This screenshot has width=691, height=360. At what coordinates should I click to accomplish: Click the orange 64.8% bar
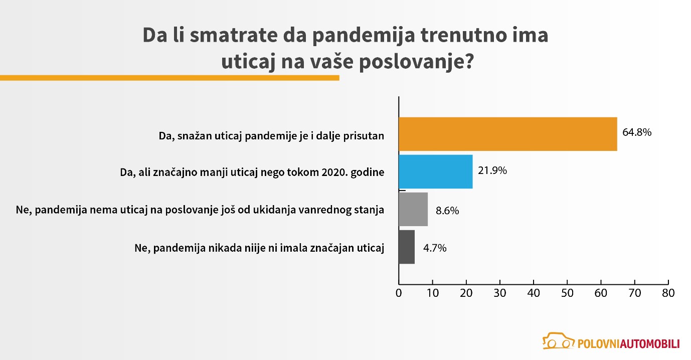(507, 134)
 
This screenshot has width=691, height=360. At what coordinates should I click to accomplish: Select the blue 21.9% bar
(435, 171)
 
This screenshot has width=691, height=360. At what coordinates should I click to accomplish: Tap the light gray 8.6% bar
(413, 209)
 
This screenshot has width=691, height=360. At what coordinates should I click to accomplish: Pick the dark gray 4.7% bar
(407, 247)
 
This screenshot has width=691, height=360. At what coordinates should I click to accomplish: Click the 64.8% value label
(636, 133)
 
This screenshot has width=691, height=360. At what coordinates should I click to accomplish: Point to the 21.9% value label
(492, 171)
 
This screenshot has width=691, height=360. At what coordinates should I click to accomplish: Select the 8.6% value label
(447, 211)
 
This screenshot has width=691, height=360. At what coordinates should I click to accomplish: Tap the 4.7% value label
(434, 248)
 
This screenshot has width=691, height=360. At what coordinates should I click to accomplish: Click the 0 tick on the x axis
(399, 293)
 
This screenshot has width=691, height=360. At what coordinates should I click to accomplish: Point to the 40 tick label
(534, 293)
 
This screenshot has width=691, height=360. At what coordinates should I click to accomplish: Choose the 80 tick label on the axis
(668, 293)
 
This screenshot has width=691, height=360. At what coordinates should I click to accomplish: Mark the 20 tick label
(466, 293)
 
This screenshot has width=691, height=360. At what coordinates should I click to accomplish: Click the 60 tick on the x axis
(601, 293)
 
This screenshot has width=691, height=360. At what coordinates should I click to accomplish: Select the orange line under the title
(169, 78)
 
